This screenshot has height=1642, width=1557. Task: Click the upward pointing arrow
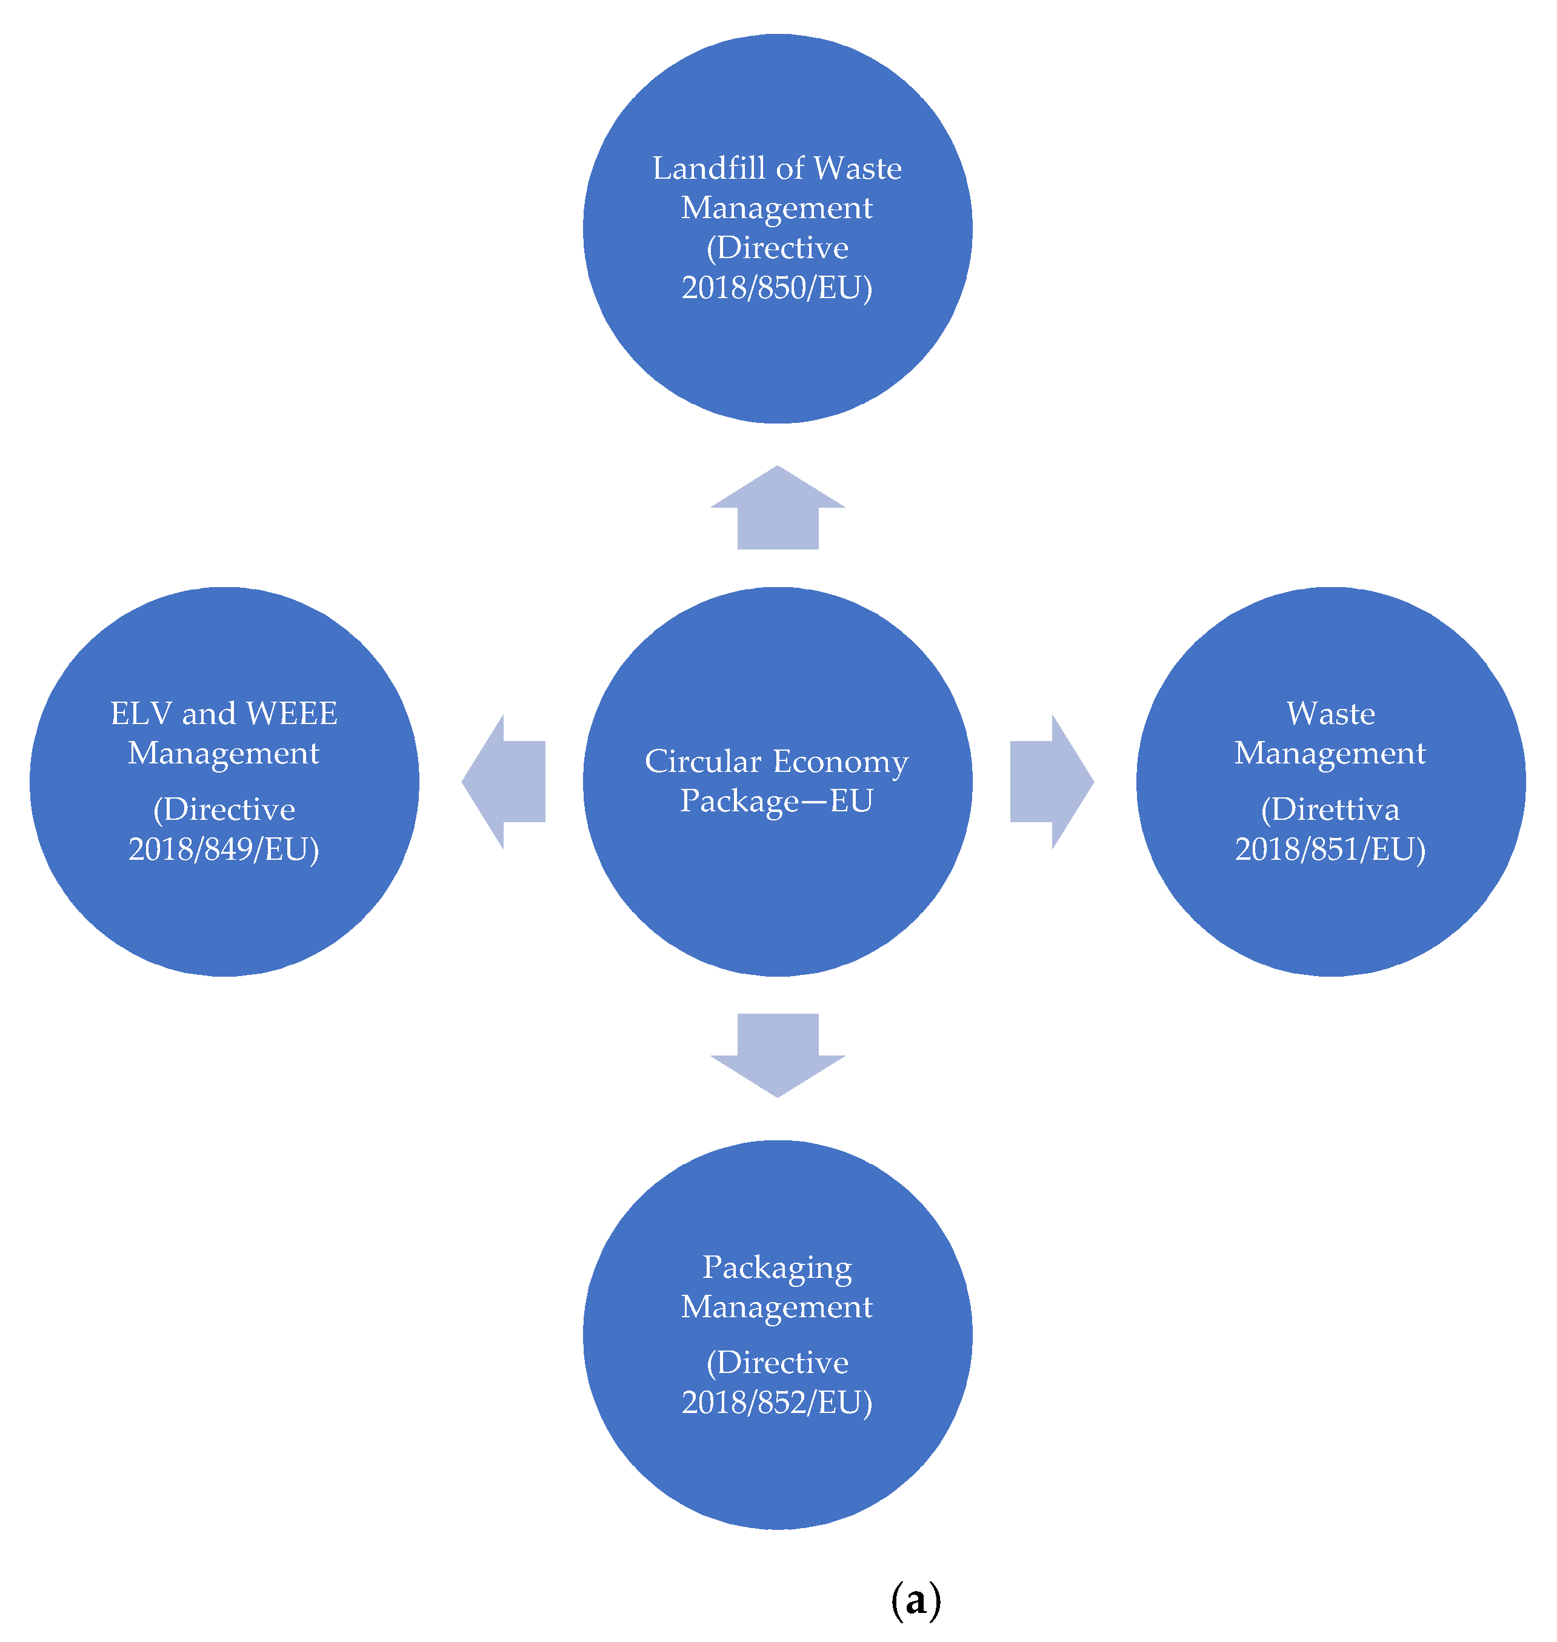click(778, 510)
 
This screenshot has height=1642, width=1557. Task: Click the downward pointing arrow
click(778, 1052)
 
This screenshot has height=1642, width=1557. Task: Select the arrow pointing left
click(505, 781)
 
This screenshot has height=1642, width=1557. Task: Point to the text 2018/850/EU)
click(777, 288)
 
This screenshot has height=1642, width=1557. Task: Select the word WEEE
click(292, 714)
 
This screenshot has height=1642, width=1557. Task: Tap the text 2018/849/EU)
click(224, 849)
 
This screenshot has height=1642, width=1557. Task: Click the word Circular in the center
click(703, 762)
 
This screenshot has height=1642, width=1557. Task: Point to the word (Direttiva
click(1330, 810)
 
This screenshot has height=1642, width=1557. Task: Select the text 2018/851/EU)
click(1330, 849)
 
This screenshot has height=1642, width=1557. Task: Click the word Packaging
click(777, 1268)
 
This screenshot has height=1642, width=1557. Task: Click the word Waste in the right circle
click(1330, 714)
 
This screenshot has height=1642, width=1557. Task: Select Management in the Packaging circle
click(777, 1307)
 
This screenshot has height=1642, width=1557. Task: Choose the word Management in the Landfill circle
click(777, 208)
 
